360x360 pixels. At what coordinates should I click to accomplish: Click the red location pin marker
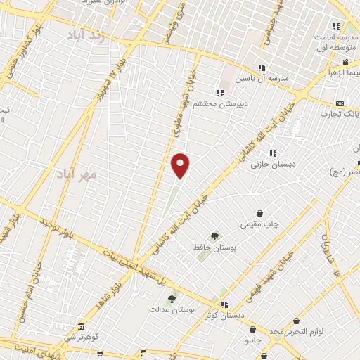pyautogui.click(x=181, y=165)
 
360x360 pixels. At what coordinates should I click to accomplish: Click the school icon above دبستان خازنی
pyautogui.click(x=273, y=153)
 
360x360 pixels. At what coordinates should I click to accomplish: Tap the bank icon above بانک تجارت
pyautogui.click(x=340, y=103)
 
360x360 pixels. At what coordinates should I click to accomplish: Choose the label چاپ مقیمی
pyautogui.click(x=260, y=224)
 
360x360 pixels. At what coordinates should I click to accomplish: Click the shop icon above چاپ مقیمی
pyautogui.click(x=260, y=213)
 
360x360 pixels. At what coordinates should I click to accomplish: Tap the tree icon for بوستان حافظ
pyautogui.click(x=214, y=236)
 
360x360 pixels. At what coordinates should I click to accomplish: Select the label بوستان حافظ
pyautogui.click(x=214, y=247)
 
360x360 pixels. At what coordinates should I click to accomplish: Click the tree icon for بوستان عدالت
pyautogui.click(x=171, y=300)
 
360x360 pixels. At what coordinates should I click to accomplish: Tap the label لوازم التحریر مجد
pyautogui.click(x=296, y=331)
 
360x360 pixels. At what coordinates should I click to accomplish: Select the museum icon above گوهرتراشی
pyautogui.click(x=81, y=327)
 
